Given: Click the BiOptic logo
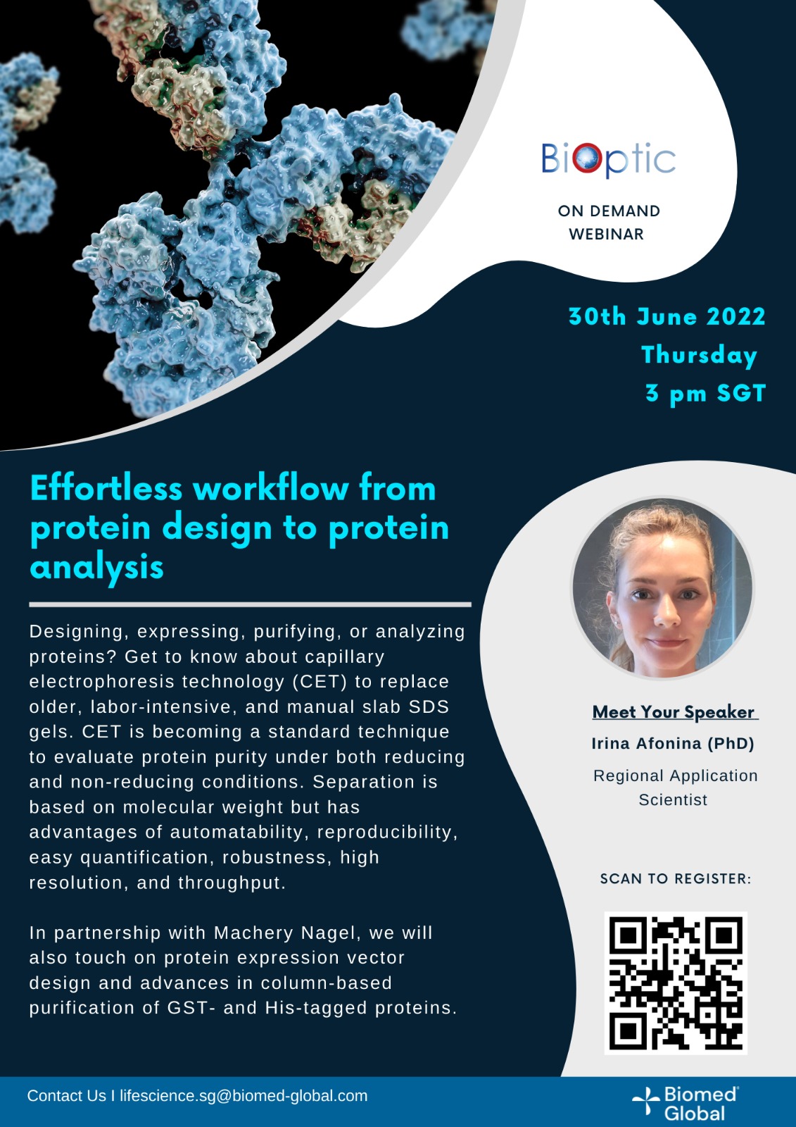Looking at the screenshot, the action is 609,160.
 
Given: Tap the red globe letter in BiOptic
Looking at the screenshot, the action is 586,158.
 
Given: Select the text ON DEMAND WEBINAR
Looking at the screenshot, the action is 609,223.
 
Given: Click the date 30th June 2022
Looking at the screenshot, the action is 667,317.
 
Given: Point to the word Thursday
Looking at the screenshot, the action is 700,356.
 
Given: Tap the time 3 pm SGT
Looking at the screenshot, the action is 706,394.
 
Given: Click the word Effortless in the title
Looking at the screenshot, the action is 106,488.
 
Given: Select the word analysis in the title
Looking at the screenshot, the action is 97,568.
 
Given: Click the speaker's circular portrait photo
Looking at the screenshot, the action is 663,588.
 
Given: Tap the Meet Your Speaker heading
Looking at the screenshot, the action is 675,712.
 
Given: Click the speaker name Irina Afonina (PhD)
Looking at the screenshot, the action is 673,744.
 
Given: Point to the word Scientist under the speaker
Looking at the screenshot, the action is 673,800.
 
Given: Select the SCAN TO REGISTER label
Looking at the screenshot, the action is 676,879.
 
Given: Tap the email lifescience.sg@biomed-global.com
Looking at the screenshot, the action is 244,1096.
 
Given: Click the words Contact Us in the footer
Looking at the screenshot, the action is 66,1096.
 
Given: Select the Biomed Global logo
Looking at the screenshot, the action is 686,1103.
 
